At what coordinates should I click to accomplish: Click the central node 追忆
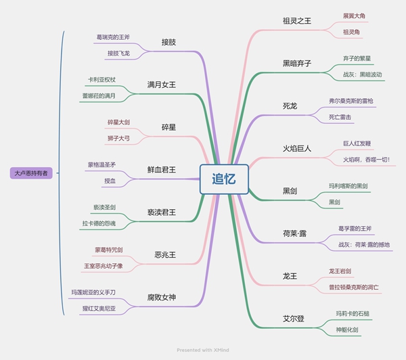tap(224, 179)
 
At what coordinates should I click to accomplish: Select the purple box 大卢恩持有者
tap(31, 173)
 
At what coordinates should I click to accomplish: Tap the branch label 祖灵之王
tap(297, 21)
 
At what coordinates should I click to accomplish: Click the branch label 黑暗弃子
tap(297, 63)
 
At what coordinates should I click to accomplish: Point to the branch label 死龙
tap(290, 106)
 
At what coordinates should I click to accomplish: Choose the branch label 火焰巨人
tap(297, 148)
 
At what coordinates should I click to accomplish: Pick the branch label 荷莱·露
tap(294, 233)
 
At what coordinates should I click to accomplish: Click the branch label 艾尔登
tap(294, 319)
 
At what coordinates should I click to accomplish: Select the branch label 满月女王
tap(162, 85)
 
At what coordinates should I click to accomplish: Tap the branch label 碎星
tap(168, 127)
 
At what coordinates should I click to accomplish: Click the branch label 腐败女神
tap(162, 297)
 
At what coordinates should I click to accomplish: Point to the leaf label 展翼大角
tap(354, 16)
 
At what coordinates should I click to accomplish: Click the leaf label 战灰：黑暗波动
tap(363, 74)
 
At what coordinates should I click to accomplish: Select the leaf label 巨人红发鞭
tap(357, 143)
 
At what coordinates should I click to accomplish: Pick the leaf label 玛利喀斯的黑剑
tap(348, 186)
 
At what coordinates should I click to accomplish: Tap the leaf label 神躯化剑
tap(347, 330)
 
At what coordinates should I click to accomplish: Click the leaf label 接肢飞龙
tap(118, 53)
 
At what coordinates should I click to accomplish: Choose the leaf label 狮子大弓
tap(118, 138)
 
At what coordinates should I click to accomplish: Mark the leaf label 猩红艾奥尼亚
tap(99, 309)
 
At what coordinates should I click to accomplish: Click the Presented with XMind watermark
tap(203, 350)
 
